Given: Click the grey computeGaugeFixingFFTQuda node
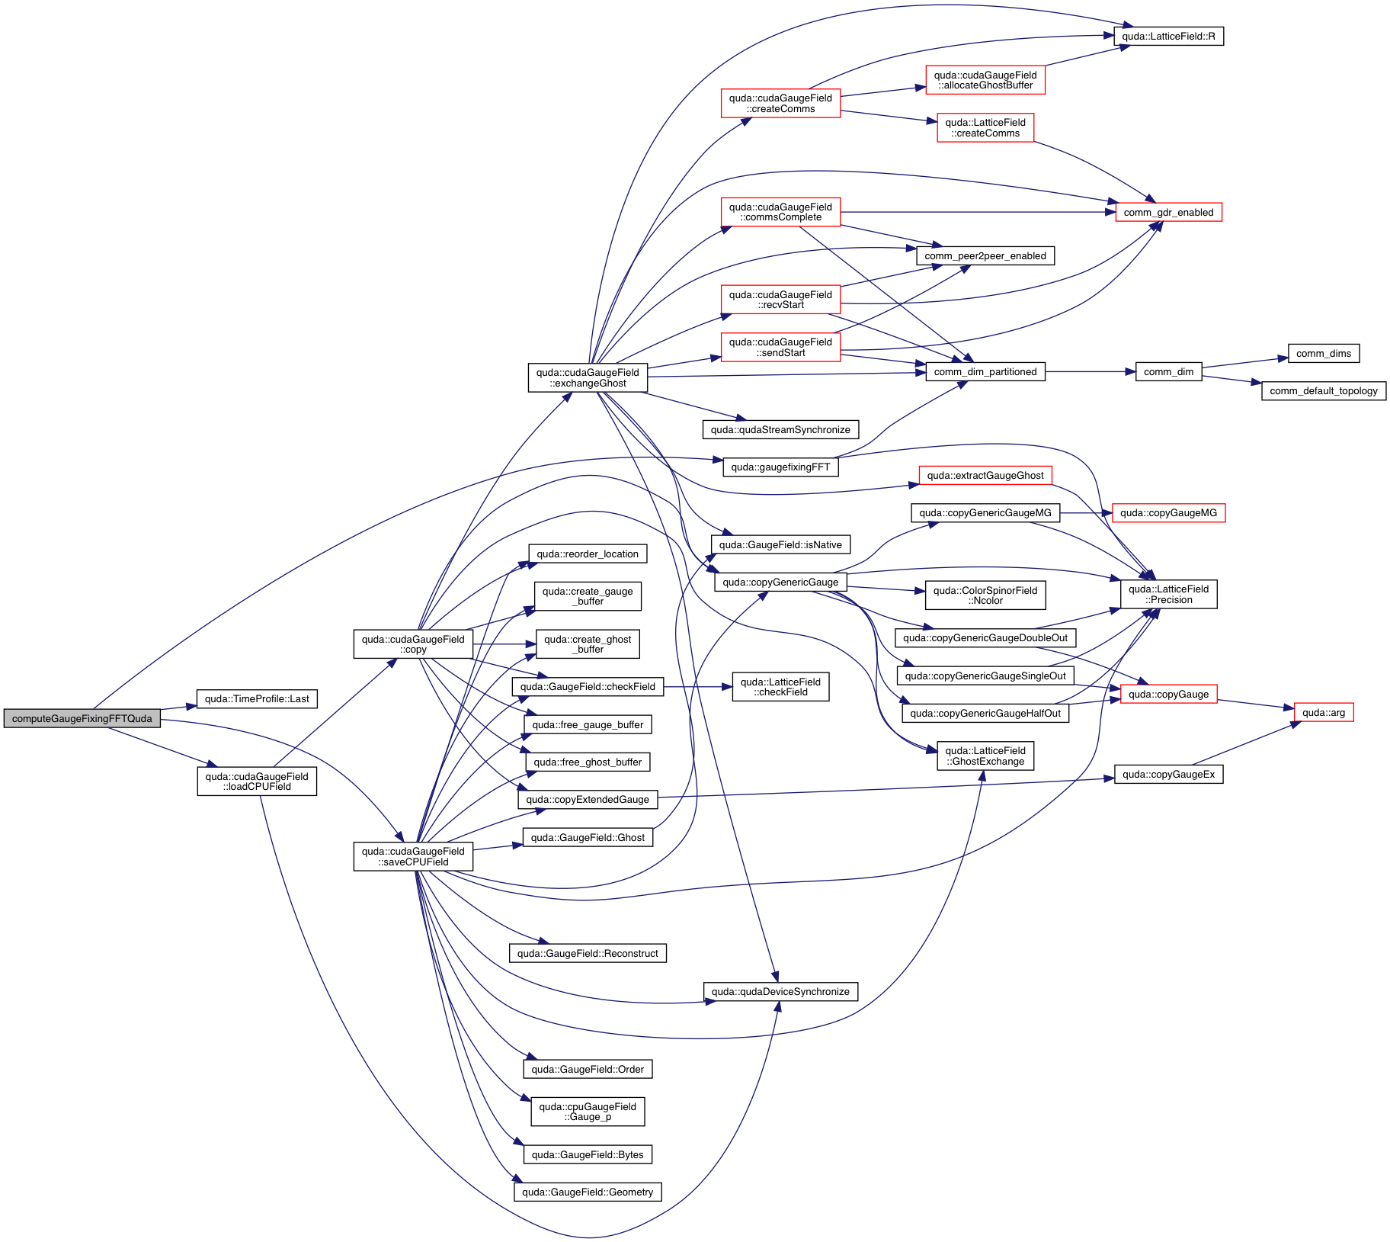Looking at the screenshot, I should pos(82,718).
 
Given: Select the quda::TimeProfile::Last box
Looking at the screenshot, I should pos(257,698).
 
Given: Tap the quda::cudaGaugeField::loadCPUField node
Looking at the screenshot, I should pos(257,781).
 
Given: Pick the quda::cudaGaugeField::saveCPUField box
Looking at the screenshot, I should pos(413,856).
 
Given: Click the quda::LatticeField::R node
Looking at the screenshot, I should pos(1168,36).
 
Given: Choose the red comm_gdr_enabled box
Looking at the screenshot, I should pos(1168,212).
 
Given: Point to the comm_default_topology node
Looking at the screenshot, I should pos(1324,390).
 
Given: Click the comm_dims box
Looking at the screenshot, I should pos(1324,353).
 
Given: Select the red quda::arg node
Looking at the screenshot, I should pos(1324,712).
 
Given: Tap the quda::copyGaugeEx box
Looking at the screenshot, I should pos(1168,774).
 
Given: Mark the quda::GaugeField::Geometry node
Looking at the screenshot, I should pos(588,1192).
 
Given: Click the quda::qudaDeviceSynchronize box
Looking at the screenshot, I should pos(780,991).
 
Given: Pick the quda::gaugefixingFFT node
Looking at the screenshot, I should pos(780,467).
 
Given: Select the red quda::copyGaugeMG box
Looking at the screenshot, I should pos(1168,512).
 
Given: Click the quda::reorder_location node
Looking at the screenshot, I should pos(588,554).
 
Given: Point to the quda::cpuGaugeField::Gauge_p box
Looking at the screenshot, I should pos(588,1112).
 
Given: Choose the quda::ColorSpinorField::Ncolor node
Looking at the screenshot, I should pos(985,595).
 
